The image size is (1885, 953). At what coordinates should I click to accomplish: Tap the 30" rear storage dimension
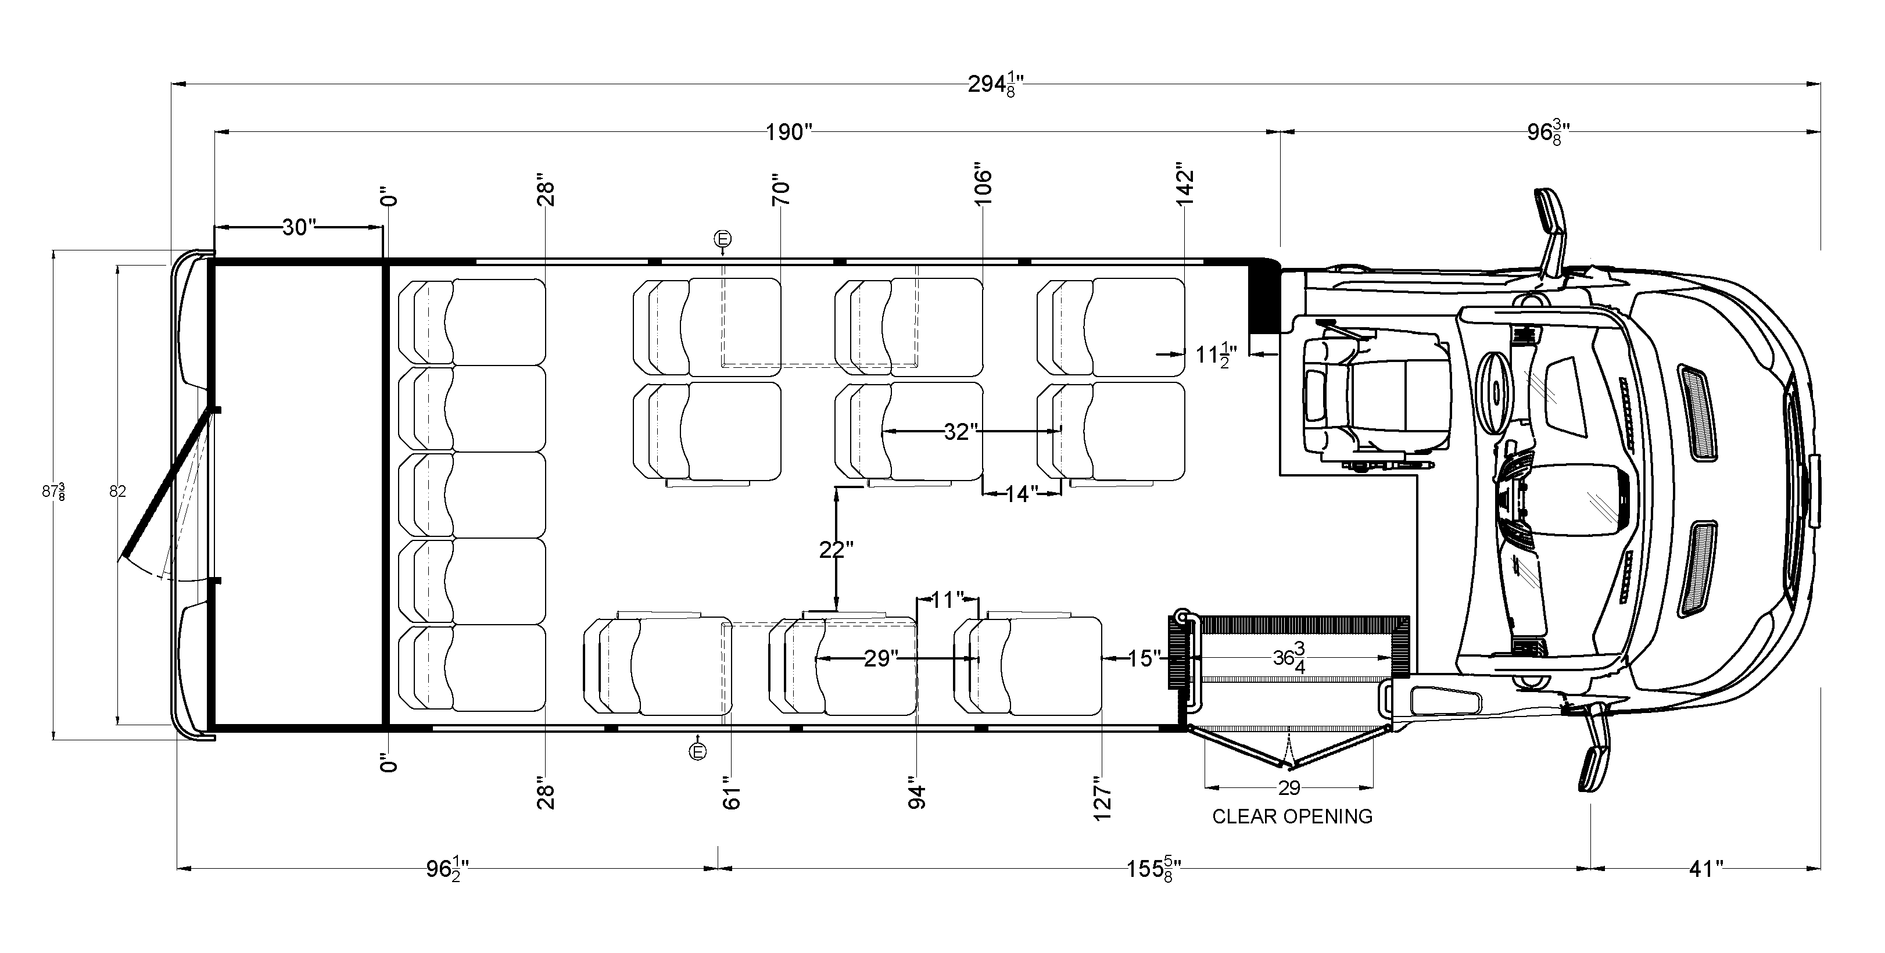[x=299, y=228]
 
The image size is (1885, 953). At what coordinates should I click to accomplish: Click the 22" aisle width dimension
[x=836, y=549]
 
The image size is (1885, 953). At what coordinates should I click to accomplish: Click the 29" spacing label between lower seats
[x=880, y=659]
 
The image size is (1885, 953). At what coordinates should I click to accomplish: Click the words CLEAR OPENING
[x=1292, y=816]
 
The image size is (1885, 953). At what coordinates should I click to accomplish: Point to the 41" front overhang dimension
[x=1705, y=869]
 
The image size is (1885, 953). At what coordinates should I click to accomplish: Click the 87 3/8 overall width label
[x=53, y=491]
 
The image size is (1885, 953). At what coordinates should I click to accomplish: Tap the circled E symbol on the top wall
[x=722, y=239]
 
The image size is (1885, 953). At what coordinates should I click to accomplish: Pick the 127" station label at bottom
[x=1102, y=798]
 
